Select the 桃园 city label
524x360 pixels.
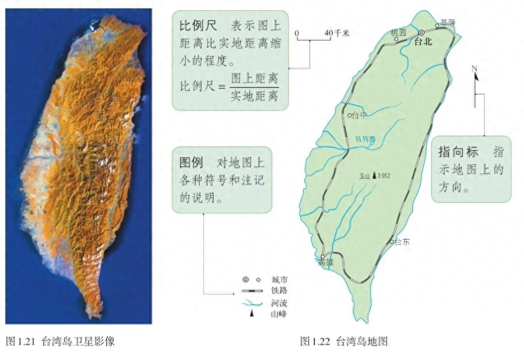[397, 31]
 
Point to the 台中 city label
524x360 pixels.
[359, 116]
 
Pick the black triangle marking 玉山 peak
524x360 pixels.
[374, 175]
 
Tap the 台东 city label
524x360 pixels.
[402, 242]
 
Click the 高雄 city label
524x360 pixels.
[325, 263]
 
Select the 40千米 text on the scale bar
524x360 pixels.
[337, 33]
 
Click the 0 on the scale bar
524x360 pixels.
[297, 33]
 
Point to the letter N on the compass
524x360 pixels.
[475, 69]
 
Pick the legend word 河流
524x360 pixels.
[279, 303]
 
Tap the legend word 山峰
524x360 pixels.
[279, 314]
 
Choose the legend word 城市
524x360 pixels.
[279, 279]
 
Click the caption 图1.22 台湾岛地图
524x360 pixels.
[344, 342]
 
